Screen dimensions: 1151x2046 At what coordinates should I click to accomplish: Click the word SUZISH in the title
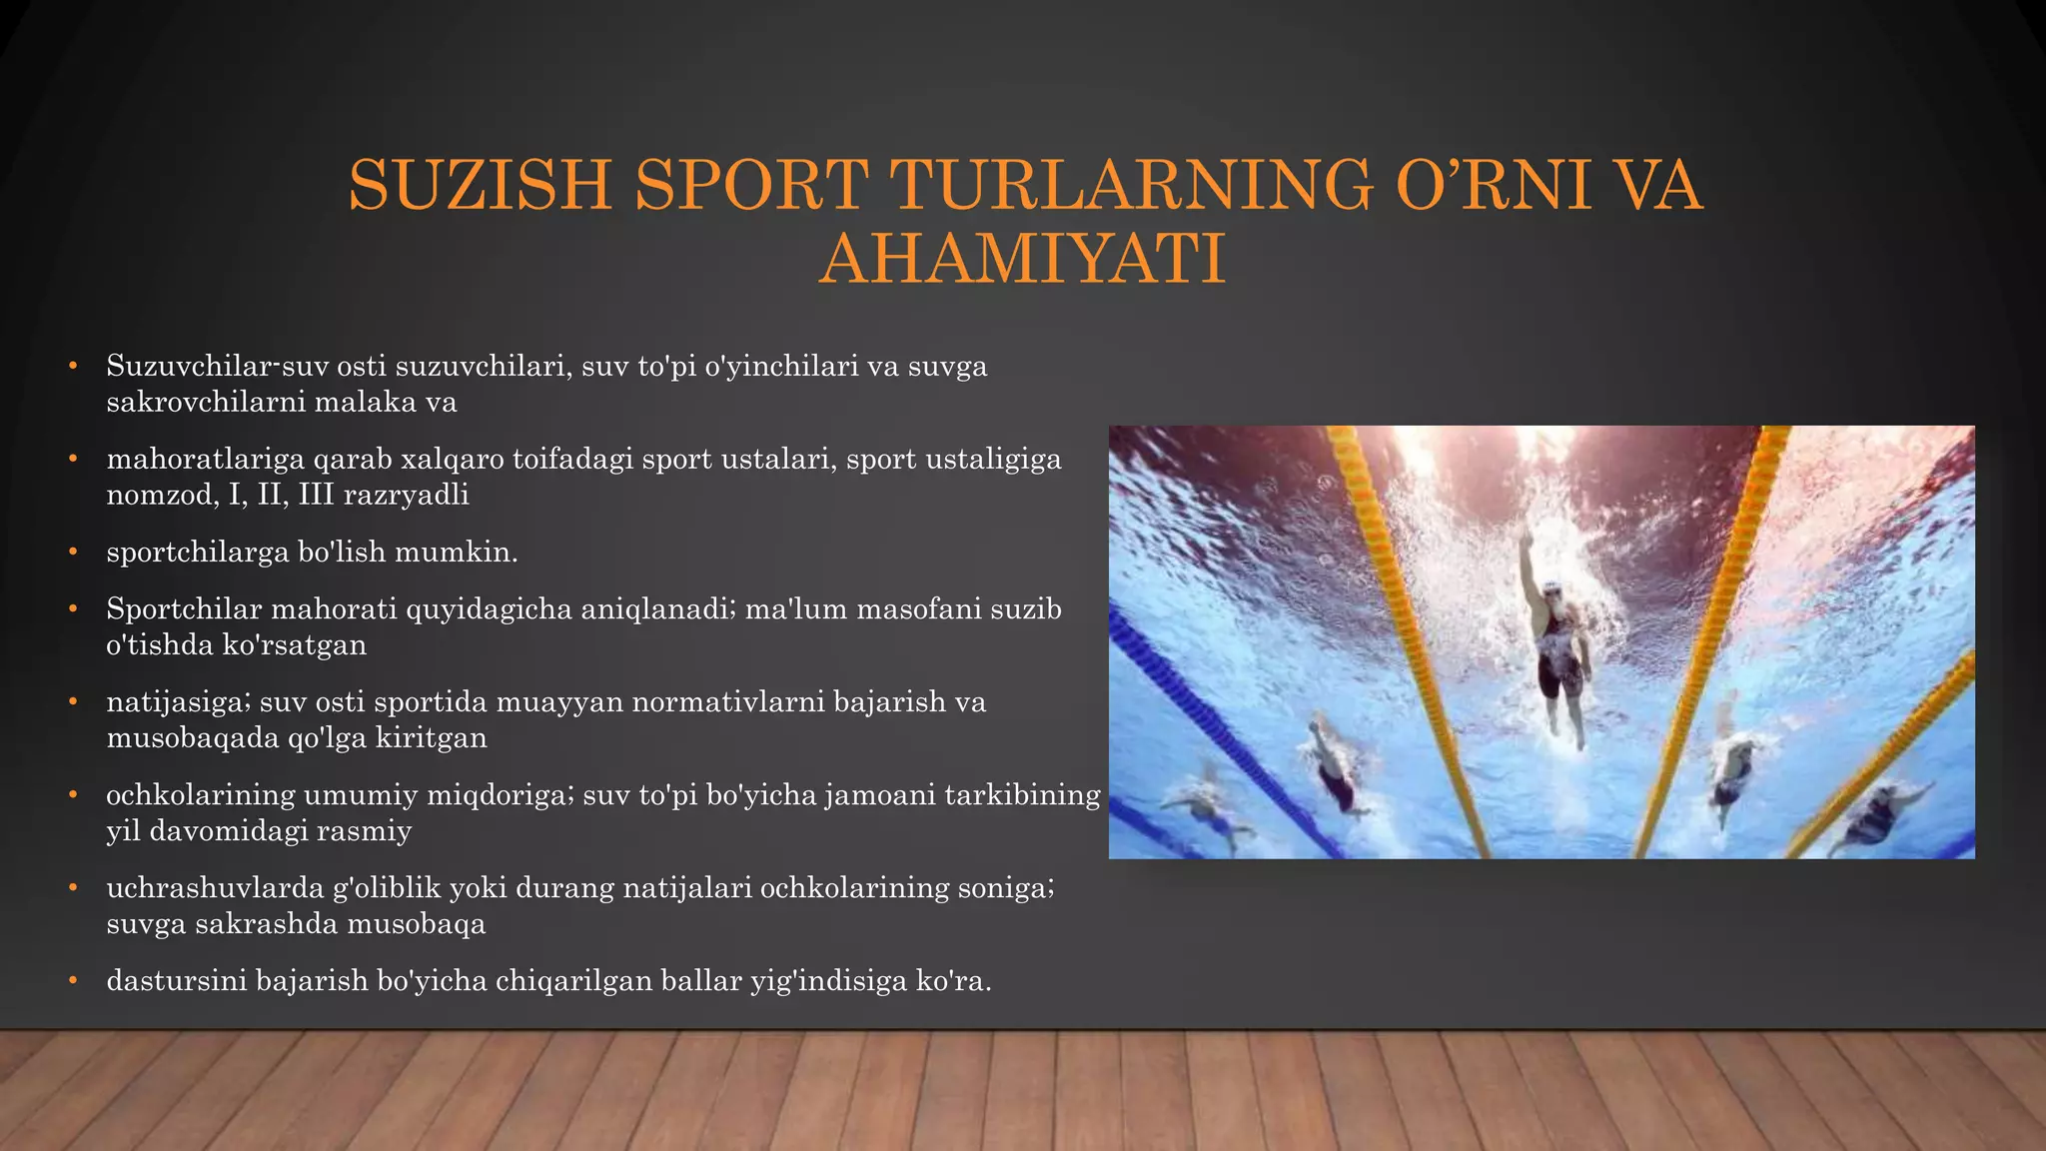480,185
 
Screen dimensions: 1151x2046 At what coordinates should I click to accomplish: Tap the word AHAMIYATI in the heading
1022,259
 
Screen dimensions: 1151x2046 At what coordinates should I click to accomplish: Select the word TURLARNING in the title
1131,185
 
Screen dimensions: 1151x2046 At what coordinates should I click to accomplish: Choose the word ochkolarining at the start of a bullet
200,795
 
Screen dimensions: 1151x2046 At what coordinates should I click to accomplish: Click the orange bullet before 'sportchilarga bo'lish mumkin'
73,553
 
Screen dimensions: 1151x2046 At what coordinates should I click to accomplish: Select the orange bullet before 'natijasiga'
73,702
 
